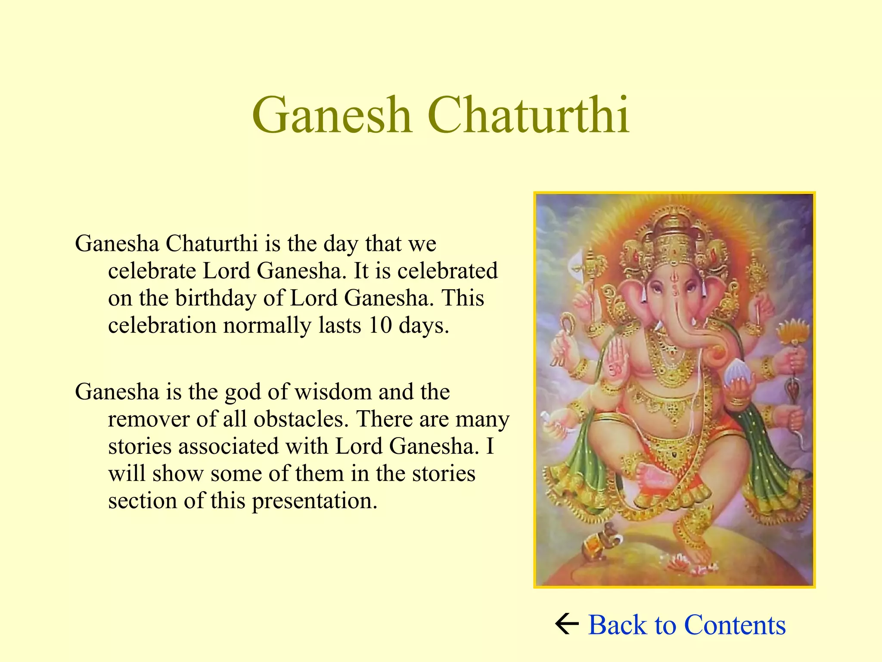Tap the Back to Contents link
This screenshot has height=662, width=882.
686,625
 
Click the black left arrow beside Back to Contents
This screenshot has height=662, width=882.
567,625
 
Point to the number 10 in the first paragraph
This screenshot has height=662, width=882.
380,325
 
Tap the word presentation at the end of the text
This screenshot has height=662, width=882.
314,501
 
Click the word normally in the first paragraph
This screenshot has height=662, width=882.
267,325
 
